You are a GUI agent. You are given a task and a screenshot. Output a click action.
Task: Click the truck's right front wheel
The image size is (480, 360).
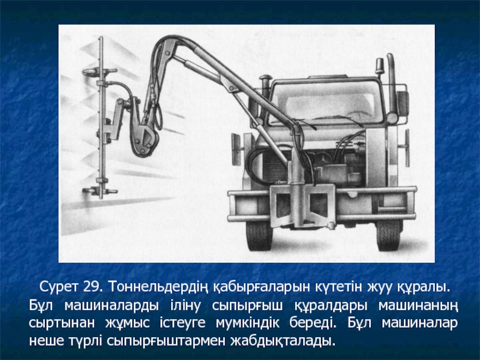pos(389,235)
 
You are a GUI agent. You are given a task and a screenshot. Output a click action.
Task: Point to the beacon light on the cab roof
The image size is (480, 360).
pos(380,66)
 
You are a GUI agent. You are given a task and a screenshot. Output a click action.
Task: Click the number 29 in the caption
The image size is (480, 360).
pos(92,287)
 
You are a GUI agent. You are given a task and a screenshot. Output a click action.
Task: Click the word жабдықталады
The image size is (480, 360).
pos(281,341)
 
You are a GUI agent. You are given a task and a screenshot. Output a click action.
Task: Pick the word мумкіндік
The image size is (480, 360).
pos(247,323)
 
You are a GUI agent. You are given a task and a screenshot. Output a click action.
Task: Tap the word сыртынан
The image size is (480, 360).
pos(62,324)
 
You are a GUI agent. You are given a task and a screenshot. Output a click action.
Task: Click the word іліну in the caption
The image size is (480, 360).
pos(185,305)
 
